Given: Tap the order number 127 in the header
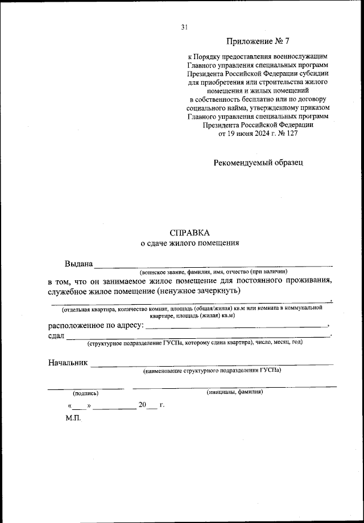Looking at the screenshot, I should coord(291,134).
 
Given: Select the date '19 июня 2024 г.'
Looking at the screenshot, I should coord(248,134).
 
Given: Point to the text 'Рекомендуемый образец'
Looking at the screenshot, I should coord(258,162).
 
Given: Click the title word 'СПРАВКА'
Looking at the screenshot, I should coord(190,233).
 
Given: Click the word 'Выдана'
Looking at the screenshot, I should coord(78,264).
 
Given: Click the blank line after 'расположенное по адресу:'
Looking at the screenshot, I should coord(236,327).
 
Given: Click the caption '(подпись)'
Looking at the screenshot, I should coord(85,393).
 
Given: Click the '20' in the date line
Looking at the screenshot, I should coord(142,405).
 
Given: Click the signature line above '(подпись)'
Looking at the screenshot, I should coord(85,388).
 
